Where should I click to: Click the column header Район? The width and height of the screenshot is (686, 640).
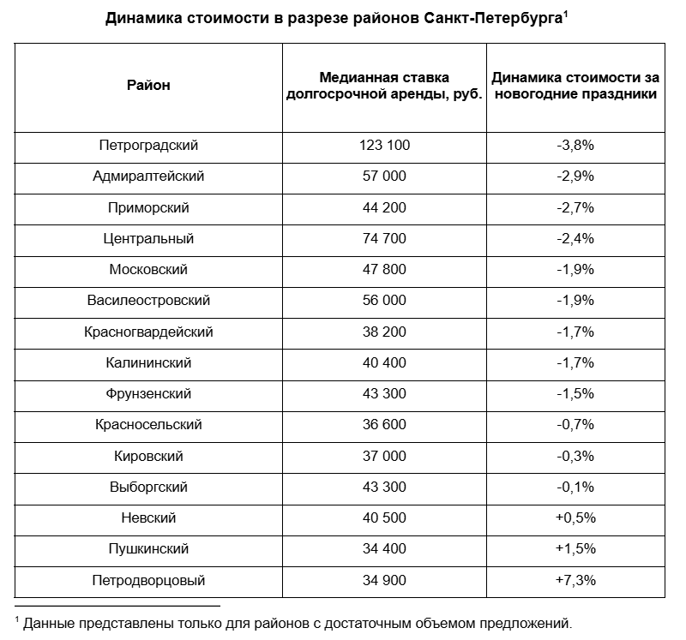tap(148, 86)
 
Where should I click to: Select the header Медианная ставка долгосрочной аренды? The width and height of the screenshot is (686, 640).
tap(384, 86)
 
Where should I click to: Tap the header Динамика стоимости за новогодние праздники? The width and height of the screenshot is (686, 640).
tap(575, 86)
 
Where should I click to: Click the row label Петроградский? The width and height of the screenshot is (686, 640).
tap(148, 146)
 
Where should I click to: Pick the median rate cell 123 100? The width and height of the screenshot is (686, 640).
tap(384, 146)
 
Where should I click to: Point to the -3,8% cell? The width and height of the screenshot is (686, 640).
tap(575, 146)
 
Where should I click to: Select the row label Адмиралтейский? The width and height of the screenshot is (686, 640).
tap(148, 176)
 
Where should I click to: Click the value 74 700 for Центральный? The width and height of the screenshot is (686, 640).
tap(384, 238)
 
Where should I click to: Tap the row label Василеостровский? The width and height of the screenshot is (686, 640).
tap(148, 301)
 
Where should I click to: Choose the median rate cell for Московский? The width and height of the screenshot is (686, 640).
tap(384, 270)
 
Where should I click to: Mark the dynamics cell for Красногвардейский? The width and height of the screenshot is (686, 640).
tap(575, 332)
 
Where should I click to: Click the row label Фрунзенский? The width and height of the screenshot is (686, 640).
tap(148, 394)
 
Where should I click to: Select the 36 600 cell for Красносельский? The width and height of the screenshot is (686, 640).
tap(384, 425)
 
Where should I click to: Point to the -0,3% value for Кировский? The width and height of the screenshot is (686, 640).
tap(575, 456)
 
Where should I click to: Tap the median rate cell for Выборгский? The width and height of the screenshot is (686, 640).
tap(384, 487)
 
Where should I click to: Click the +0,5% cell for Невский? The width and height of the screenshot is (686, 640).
tap(575, 518)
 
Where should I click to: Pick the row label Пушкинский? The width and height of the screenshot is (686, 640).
tap(148, 549)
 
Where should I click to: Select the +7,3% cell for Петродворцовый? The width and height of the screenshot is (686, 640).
tap(575, 580)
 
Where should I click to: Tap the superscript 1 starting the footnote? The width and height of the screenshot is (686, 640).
tap(17, 617)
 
